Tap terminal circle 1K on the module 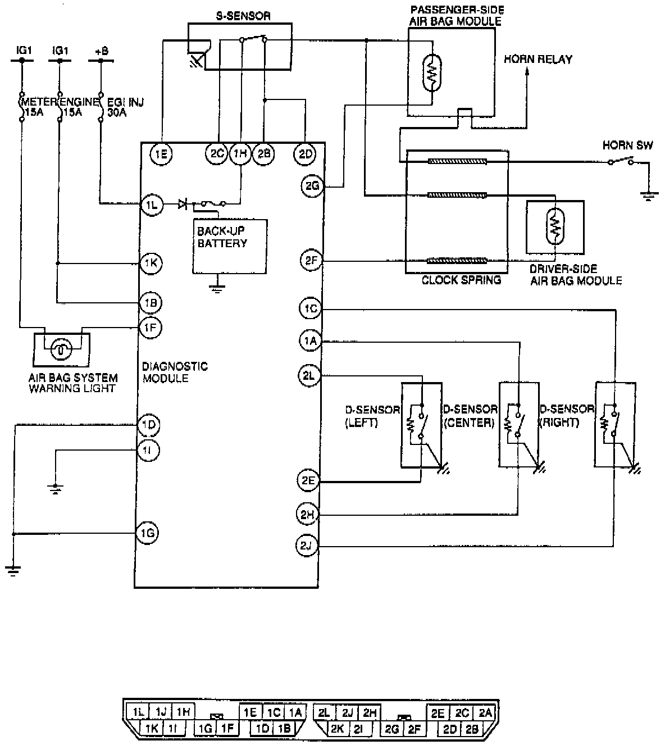click(151, 263)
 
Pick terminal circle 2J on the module click(307, 545)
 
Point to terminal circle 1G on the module click(147, 533)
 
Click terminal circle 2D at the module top click(305, 153)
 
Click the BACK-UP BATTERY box click(230, 246)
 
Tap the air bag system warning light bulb click(59, 349)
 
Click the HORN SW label click(627, 146)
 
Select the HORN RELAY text click(538, 59)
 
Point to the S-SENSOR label click(243, 16)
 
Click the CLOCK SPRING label click(461, 280)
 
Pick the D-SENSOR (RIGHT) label click(566, 416)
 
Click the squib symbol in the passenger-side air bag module click(432, 72)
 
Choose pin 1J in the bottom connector click(161, 712)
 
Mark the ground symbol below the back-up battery click(217, 289)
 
